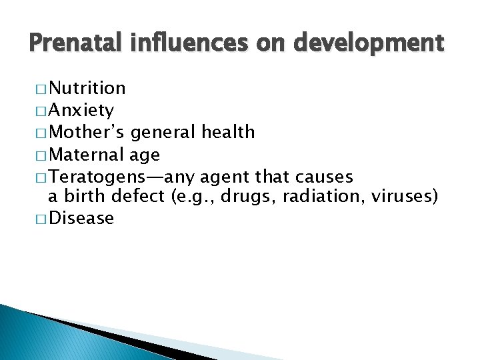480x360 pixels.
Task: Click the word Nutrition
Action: pyautogui.click(x=87, y=88)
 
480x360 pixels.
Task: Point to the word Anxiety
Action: pyautogui.click(x=81, y=110)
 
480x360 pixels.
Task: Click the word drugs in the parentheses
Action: pyautogui.click(x=241, y=197)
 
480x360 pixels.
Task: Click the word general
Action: pyautogui.click(x=160, y=133)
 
